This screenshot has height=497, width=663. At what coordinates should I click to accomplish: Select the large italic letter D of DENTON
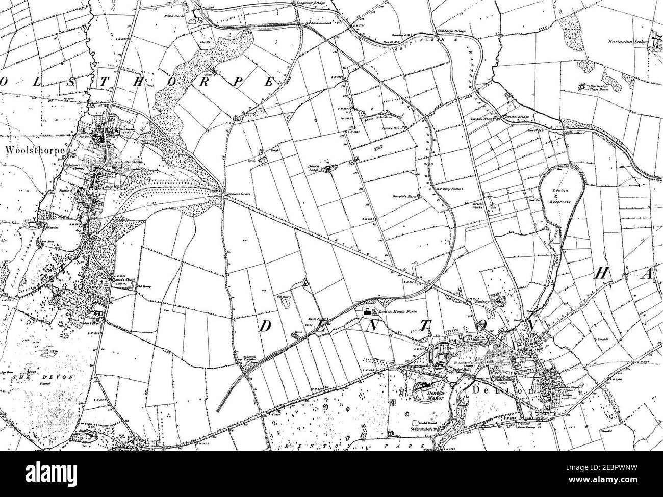(266, 327)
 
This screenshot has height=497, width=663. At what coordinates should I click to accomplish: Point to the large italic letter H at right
(601, 274)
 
